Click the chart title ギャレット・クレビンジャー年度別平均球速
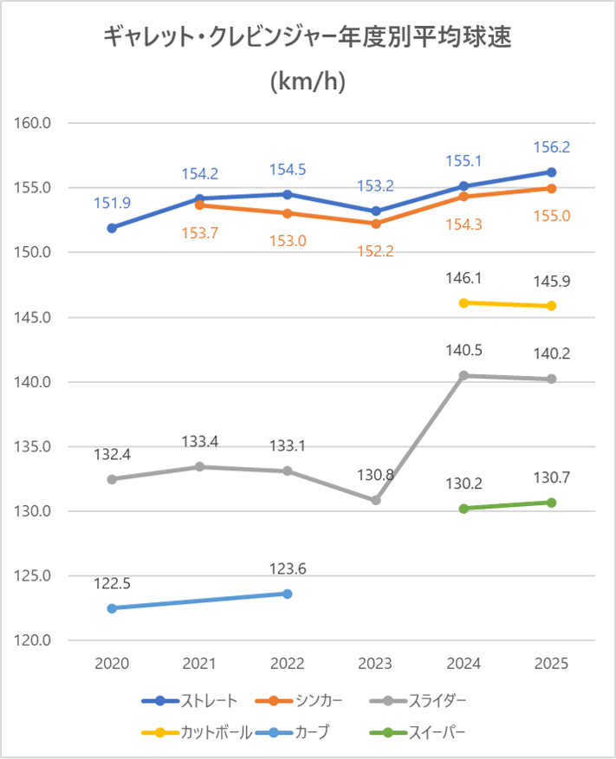[308, 37]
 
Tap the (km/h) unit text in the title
[308, 81]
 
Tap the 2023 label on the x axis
[375, 665]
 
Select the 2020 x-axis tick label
[112, 665]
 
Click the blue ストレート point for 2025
[551, 172]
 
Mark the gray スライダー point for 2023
[376, 500]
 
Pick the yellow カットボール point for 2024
[464, 302]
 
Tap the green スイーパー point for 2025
[551, 503]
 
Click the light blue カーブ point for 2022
[288, 594]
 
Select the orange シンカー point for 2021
[199, 204]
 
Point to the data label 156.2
[551, 147]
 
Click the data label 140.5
[464, 350]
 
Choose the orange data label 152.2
[375, 251]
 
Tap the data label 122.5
[112, 583]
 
